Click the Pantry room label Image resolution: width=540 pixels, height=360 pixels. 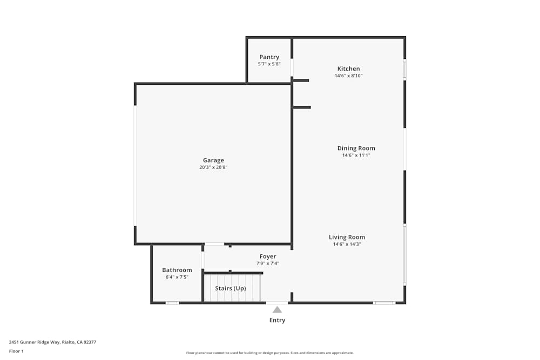[269, 57]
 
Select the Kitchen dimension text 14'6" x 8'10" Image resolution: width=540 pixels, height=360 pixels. [348, 76]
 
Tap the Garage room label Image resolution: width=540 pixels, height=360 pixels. [213, 160]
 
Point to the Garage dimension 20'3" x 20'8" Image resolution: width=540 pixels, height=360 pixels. [213, 167]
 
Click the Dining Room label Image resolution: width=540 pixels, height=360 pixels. [356, 148]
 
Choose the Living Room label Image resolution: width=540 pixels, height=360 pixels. [347, 237]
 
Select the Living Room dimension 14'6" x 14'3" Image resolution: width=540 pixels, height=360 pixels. [347, 244]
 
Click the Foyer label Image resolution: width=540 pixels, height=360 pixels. [268, 256]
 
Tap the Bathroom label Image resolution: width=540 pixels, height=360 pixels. [177, 270]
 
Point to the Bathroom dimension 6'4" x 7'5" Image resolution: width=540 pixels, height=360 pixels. [177, 277]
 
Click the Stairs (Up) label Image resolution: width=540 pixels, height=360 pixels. [231, 288]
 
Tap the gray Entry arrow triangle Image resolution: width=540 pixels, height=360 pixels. [277, 310]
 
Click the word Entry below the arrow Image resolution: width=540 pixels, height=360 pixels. [277, 320]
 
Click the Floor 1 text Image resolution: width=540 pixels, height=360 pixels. [16, 351]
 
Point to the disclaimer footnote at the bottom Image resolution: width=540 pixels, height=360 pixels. [270, 353]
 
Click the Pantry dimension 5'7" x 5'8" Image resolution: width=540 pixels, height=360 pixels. [269, 64]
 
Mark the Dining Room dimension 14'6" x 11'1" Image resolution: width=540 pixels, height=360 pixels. [356, 155]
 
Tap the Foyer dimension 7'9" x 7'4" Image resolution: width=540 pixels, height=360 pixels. [268, 263]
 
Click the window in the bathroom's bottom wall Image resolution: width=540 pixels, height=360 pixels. [172, 303]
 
